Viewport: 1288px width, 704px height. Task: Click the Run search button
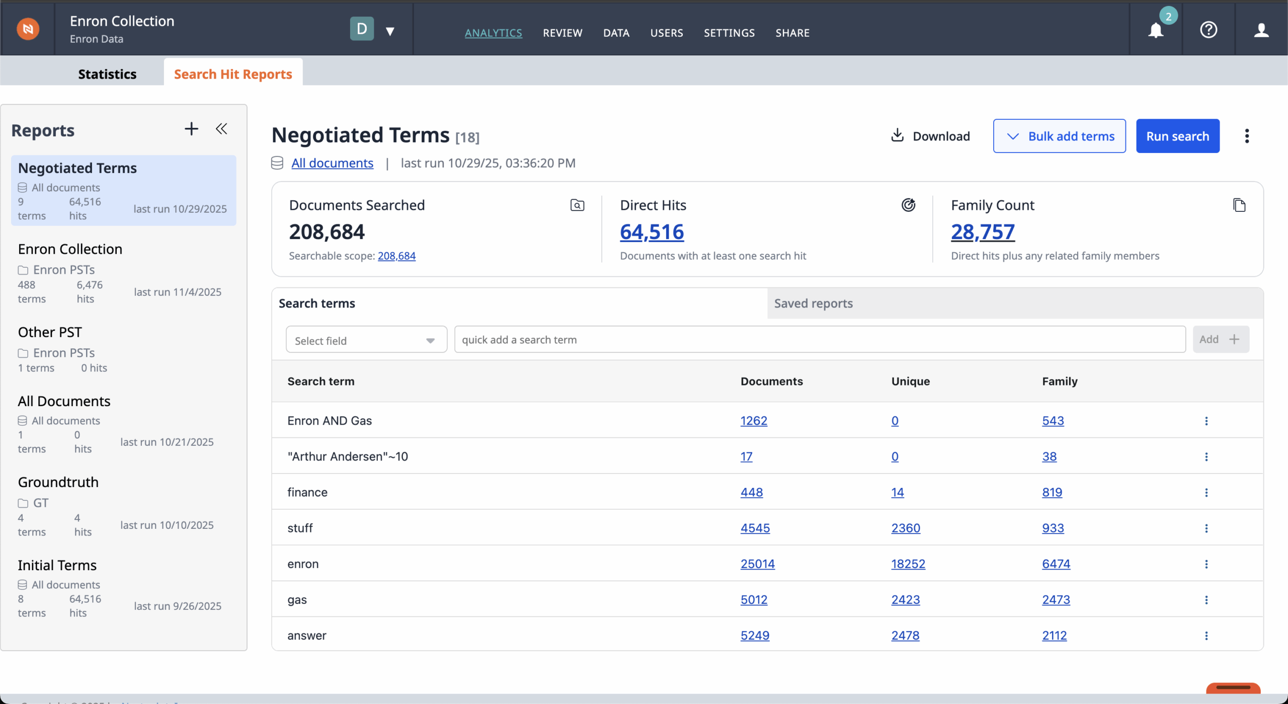[x=1177, y=136]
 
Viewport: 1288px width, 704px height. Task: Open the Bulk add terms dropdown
[x=1059, y=136]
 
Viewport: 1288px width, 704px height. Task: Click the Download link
[x=930, y=136]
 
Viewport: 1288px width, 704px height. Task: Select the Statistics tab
[x=107, y=74]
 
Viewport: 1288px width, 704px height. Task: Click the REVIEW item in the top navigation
[x=562, y=33]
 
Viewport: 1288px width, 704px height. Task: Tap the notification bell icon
[x=1156, y=31]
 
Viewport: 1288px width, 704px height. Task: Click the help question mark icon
[x=1209, y=30]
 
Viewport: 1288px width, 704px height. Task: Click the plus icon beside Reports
[x=191, y=129]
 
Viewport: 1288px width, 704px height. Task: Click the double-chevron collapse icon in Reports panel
[x=221, y=129]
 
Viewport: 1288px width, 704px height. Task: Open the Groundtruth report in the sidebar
[x=58, y=482]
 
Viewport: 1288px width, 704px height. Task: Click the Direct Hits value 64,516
[x=652, y=232]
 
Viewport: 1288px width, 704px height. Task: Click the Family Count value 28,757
[x=983, y=232]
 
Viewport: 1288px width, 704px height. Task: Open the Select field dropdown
[x=366, y=340]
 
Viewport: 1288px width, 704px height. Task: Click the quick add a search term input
[x=820, y=340]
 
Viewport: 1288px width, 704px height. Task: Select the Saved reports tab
[x=813, y=303]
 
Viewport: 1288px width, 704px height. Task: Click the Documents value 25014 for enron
[x=757, y=564]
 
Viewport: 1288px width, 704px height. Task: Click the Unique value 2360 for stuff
[x=906, y=528]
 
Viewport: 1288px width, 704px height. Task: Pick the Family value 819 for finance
[x=1052, y=492]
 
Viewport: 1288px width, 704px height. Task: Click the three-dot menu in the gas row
[x=1206, y=600]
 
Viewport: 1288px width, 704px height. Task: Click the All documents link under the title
[x=332, y=163]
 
